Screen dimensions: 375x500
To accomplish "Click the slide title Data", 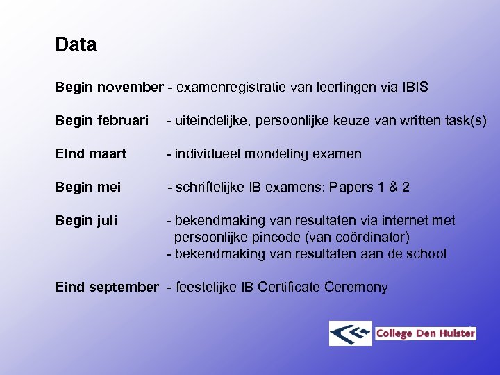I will tap(76, 45).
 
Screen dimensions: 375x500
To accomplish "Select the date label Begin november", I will tap(108, 87).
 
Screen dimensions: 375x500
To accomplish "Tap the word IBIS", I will tap(415, 87).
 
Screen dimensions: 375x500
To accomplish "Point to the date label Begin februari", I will tap(101, 121).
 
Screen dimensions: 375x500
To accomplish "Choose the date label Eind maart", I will tap(90, 154).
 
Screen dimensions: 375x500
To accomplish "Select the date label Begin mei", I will tap(87, 187).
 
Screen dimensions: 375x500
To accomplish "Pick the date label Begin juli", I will tap(86, 221).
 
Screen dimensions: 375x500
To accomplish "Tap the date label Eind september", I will tap(107, 287).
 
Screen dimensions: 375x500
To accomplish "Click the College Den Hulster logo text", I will tap(425, 333).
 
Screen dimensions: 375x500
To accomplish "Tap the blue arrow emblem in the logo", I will tap(351, 333).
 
